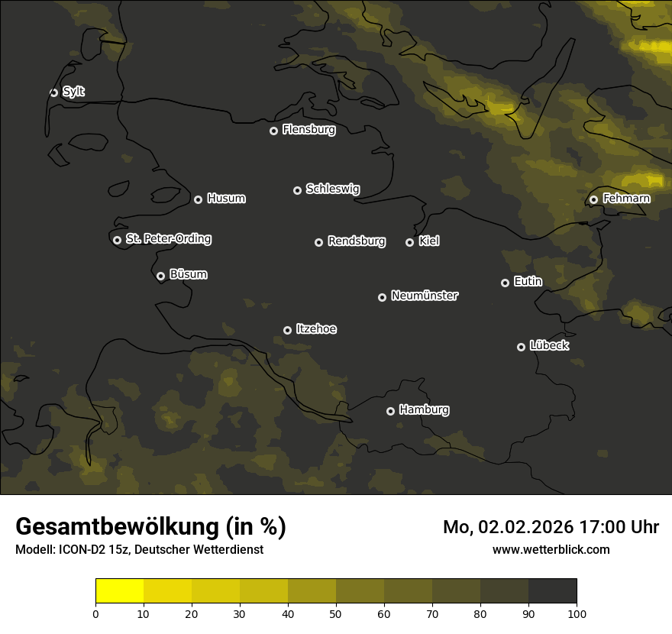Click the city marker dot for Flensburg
[273, 131]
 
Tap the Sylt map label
[73, 92]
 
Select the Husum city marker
[198, 199]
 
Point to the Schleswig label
[332, 189]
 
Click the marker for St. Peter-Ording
[117, 240]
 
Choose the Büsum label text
[188, 274]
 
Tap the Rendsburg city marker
[318, 242]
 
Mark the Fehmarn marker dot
[593, 199]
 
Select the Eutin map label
[528, 281]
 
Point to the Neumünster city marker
[382, 297]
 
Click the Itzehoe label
[316, 329]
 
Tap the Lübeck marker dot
[521, 347]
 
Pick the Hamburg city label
[424, 409]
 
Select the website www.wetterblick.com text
[551, 549]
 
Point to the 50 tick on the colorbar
[336, 613]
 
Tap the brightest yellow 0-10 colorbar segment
[119, 590]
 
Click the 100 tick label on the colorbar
[577, 613]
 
